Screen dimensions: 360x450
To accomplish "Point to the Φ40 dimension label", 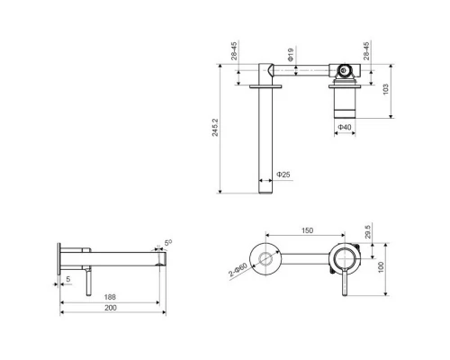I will click(346, 129).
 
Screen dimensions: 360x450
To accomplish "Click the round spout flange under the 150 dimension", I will click(265, 259).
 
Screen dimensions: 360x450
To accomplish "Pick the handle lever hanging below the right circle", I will click(341, 283).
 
